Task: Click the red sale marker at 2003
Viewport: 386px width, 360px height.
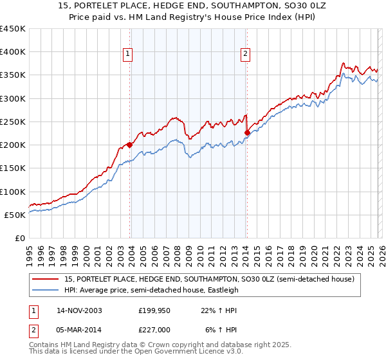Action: point(130,145)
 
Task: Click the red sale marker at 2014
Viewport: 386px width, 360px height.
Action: point(247,132)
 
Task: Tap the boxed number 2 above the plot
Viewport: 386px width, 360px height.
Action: point(246,54)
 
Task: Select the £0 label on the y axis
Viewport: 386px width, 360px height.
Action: point(20,238)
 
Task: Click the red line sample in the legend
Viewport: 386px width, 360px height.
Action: point(46,280)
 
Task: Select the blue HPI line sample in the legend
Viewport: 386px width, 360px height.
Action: point(46,290)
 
